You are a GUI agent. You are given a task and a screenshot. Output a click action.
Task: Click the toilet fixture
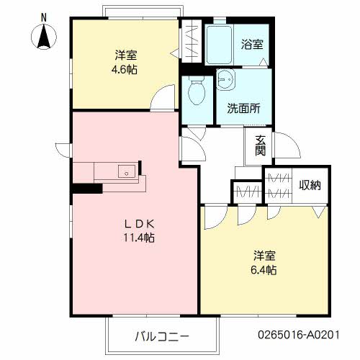coord(195,91)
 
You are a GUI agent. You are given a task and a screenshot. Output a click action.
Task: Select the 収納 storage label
coord(311,185)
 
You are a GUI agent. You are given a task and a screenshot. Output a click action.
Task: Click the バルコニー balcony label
coord(161,336)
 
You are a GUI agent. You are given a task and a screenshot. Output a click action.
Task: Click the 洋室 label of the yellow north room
coord(125,55)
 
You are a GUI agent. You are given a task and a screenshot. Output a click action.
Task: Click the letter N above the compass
coord(43,16)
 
